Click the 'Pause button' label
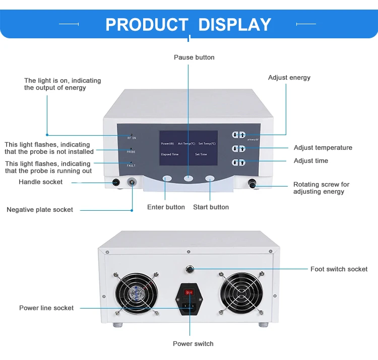tap(194, 57)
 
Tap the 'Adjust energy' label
tap(289, 78)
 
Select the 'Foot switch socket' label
tap(339, 269)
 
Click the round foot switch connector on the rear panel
tap(191, 269)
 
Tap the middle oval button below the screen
tap(188, 178)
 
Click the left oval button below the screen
tap(167, 178)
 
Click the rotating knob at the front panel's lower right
tap(251, 185)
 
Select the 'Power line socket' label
tap(46, 308)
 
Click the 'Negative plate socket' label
tap(40, 210)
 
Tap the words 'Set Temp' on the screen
tap(207, 143)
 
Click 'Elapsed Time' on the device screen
tap(170, 154)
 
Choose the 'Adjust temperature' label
tap(323, 148)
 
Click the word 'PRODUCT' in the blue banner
tap(147, 24)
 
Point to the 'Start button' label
tap(211, 207)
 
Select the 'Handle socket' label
tap(41, 182)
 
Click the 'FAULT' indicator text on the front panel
tap(131, 165)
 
